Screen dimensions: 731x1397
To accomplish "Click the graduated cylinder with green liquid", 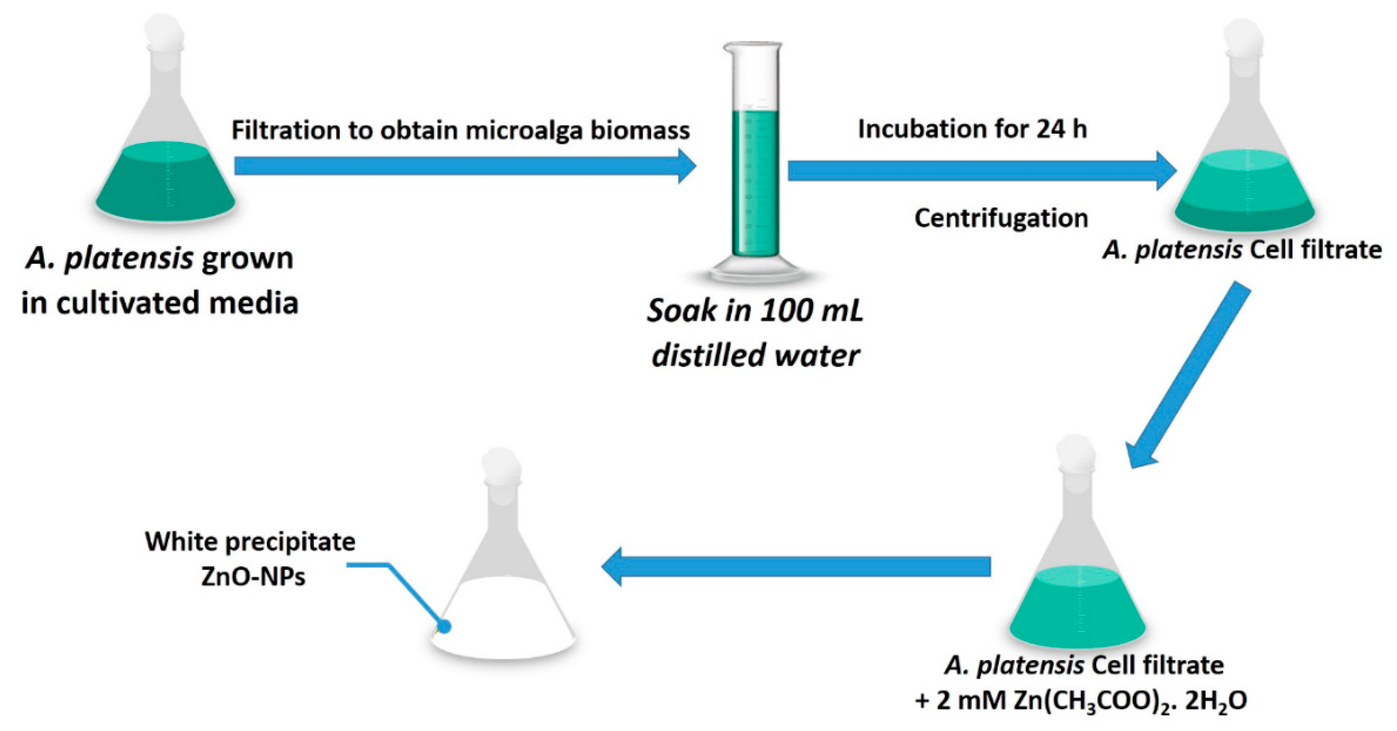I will [x=754, y=163].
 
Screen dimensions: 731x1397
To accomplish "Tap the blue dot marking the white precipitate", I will [x=444, y=627].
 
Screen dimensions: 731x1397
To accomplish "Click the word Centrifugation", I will [x=1001, y=218].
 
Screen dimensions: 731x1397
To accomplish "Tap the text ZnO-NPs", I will [x=253, y=576].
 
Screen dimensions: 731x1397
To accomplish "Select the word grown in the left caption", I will [x=247, y=258].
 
